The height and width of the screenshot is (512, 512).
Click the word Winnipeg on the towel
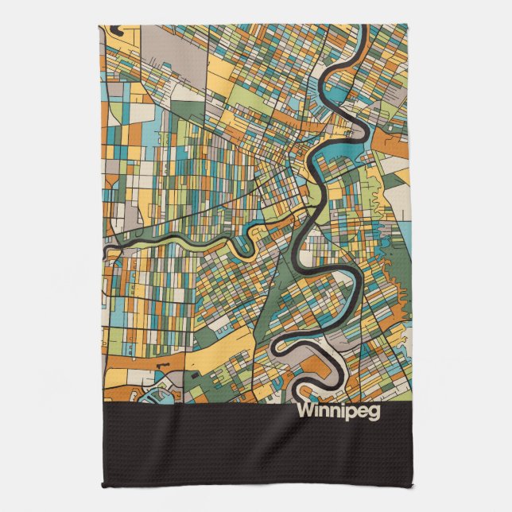(339, 412)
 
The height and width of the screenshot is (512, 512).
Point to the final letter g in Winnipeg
(374, 413)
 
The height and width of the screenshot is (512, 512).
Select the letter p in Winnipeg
(349, 413)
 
